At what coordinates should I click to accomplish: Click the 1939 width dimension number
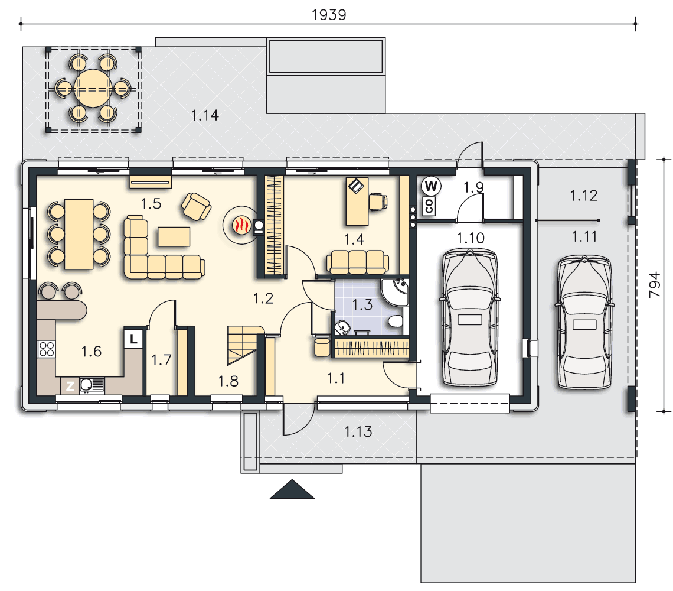pos(329,15)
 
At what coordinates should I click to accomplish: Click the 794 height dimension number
pos(655,284)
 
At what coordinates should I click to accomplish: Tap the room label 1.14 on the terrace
pos(205,115)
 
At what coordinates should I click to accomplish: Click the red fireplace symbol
pos(241,225)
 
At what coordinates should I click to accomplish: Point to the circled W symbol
pos(431,186)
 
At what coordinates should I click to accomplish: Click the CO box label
pos(429,206)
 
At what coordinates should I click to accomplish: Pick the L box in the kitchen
pos(133,338)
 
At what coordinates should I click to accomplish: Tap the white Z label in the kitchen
pos(70,387)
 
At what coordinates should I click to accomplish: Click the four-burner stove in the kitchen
pos(47,349)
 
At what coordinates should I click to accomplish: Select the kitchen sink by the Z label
pos(92,385)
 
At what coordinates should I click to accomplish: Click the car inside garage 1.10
pos(470,317)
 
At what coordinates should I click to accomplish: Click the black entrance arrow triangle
pos(292,489)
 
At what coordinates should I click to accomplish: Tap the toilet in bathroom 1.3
pos(396,321)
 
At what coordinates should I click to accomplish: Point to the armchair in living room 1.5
pos(196,206)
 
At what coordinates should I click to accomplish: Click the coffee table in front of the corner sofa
pos(174,236)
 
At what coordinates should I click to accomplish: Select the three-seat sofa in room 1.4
pos(358,262)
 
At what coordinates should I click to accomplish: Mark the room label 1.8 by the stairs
pos(228,381)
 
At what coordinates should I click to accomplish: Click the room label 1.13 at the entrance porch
pos(358,431)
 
